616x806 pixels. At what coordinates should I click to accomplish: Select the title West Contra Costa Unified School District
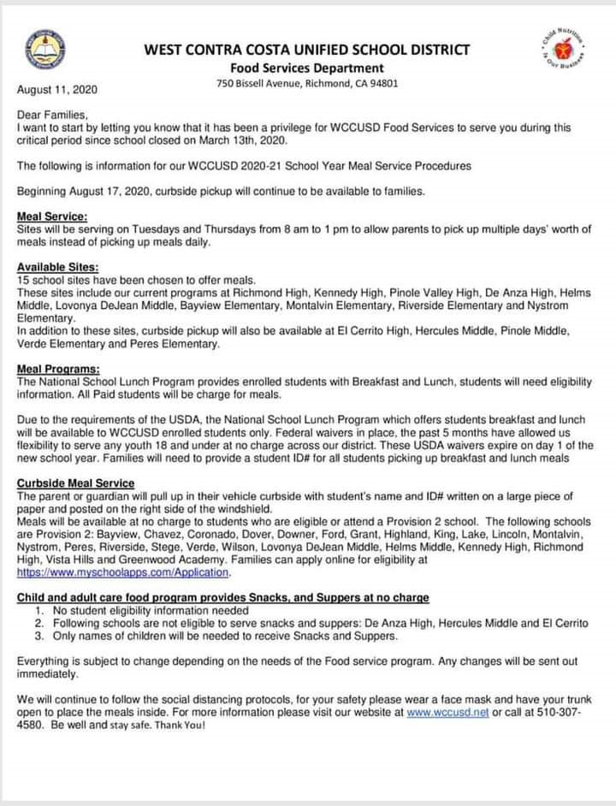click(307, 50)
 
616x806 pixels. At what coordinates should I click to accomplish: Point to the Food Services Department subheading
click(307, 68)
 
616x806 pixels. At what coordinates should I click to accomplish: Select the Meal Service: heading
click(51, 216)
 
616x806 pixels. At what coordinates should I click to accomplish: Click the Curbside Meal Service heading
click(75, 483)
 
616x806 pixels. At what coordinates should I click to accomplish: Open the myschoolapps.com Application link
click(123, 572)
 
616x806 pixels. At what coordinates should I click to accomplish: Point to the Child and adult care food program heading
click(222, 597)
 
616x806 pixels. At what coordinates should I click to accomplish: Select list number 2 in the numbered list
click(39, 624)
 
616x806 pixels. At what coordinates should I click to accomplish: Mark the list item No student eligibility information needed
click(151, 611)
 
